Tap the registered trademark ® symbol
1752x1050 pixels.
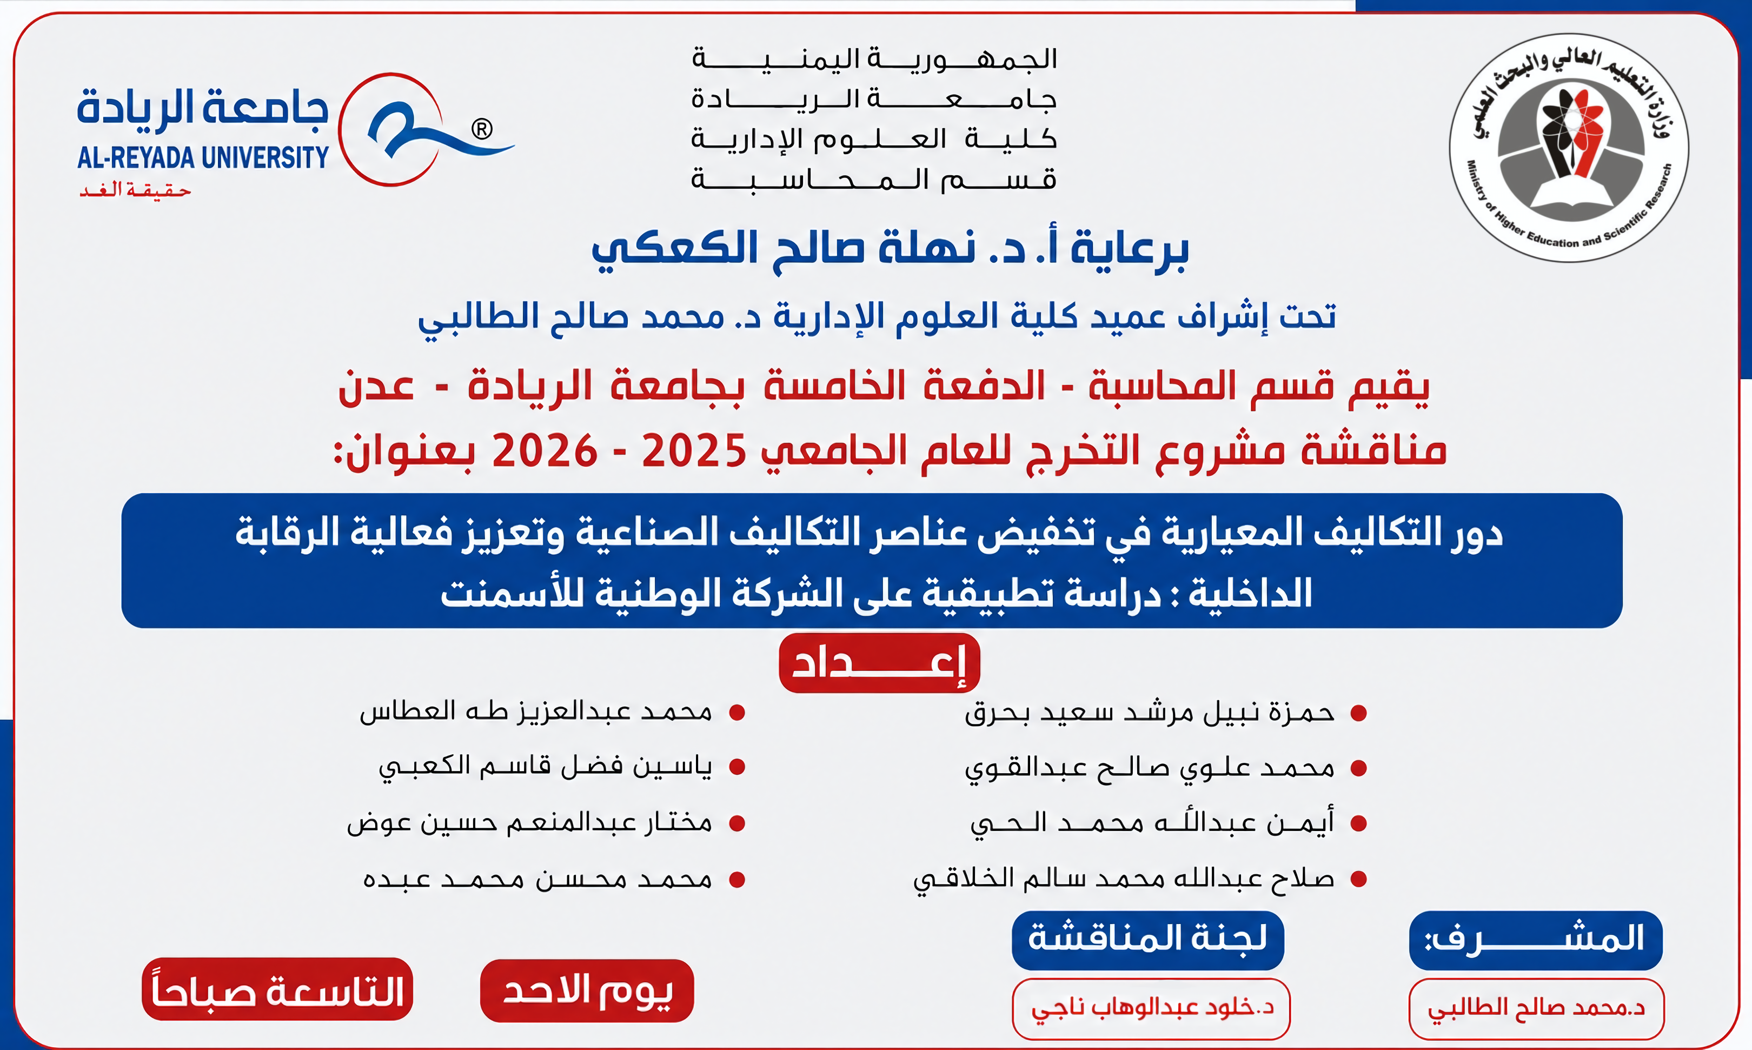[481, 129]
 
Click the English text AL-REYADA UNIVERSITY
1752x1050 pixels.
[203, 158]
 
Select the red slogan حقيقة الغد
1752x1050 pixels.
[135, 190]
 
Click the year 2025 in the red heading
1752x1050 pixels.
[693, 451]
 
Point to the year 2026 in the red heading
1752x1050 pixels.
[544, 451]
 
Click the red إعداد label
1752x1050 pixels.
[879, 663]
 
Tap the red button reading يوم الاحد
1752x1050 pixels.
[587, 991]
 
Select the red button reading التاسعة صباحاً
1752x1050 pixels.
[277, 989]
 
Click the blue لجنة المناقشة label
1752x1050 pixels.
[1147, 940]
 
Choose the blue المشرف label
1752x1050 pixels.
[1536, 940]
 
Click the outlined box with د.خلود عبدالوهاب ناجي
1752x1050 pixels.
[1151, 1009]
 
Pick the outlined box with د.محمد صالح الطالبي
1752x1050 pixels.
[1536, 1009]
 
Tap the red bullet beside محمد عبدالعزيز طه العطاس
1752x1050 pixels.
[738, 713]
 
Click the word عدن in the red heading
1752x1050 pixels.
[376, 388]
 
